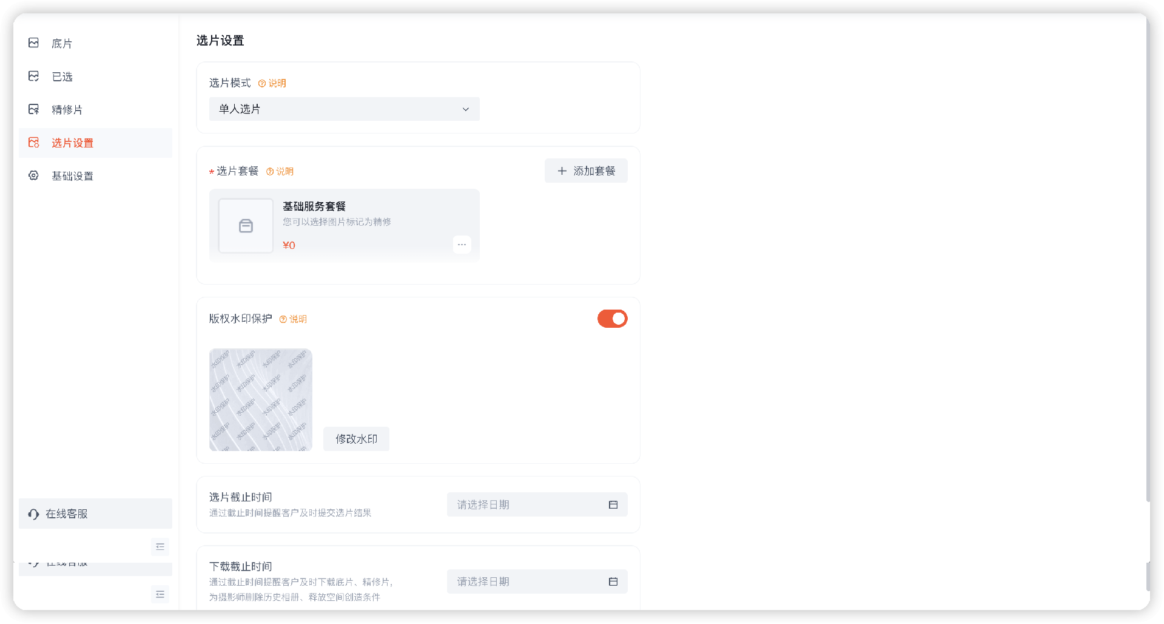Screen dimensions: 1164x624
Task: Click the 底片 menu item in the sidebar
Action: tap(61, 43)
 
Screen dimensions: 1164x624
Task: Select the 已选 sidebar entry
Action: tap(61, 76)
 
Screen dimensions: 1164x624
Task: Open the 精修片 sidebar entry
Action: tap(66, 109)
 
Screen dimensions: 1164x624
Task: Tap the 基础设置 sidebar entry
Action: tap(72, 176)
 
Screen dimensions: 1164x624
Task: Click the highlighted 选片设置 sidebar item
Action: tap(72, 143)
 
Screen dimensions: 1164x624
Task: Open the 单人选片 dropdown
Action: tap(344, 109)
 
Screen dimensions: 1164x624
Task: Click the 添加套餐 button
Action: tap(586, 171)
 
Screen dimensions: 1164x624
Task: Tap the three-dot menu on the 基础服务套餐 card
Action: tap(462, 245)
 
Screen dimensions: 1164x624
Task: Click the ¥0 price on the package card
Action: tap(289, 245)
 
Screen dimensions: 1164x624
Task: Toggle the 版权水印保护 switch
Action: tap(612, 319)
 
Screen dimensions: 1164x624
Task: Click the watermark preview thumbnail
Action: tap(261, 399)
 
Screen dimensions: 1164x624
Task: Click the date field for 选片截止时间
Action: tap(528, 505)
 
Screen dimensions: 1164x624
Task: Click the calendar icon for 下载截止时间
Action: tap(613, 582)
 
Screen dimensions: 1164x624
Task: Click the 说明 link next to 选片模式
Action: tap(272, 83)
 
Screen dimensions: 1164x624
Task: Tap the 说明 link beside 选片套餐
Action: tap(280, 172)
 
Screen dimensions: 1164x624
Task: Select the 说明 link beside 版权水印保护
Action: tap(294, 319)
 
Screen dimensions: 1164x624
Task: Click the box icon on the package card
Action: tap(246, 226)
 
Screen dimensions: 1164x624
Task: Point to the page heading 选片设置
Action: tap(220, 41)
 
